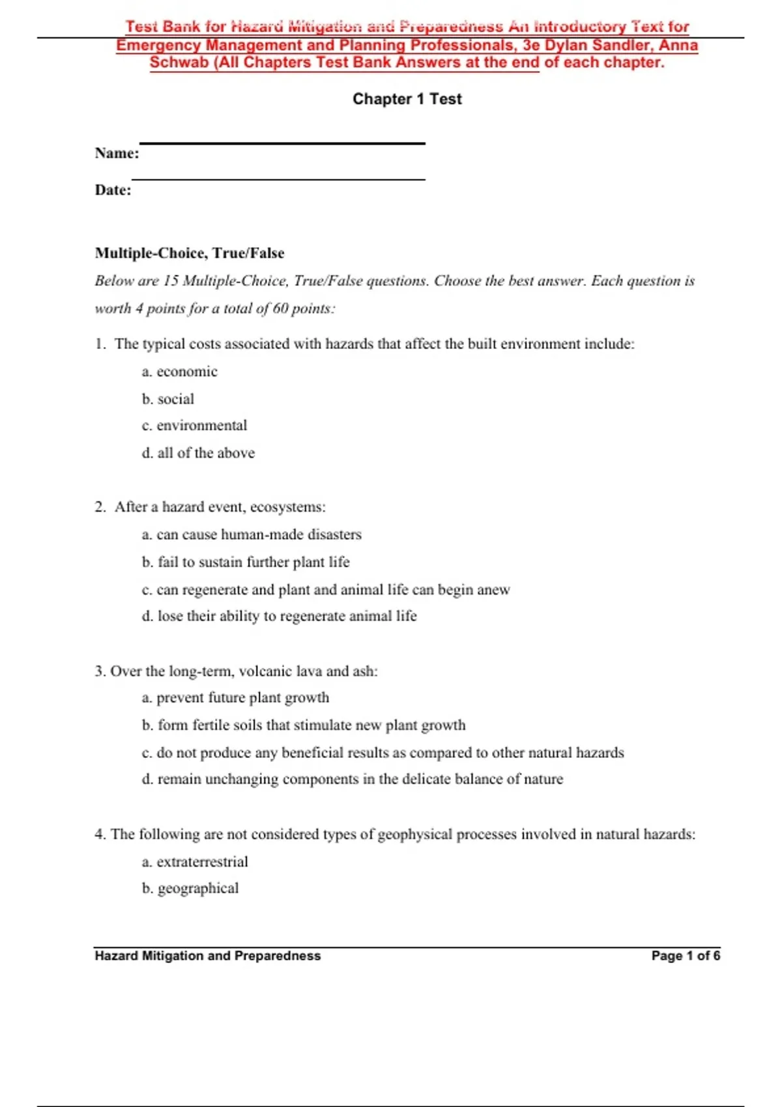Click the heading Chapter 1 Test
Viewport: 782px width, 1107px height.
tap(407, 99)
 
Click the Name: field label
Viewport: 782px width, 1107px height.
tap(117, 153)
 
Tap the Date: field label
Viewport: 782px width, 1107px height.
tap(113, 190)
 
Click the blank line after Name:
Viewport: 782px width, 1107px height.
tap(282, 143)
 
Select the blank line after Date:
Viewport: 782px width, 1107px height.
tap(278, 179)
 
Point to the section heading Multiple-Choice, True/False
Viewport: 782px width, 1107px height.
tap(189, 253)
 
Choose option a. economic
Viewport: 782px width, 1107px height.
tap(179, 372)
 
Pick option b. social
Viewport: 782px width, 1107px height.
tap(168, 399)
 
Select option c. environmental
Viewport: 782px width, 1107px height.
tap(194, 426)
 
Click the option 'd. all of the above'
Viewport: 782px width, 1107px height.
tap(198, 453)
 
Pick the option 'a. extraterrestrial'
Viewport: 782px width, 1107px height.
tap(195, 862)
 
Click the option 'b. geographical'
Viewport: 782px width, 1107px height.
tap(190, 889)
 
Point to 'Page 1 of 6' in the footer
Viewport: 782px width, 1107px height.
tap(686, 956)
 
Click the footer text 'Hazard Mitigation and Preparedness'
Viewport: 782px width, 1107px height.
tap(207, 956)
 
